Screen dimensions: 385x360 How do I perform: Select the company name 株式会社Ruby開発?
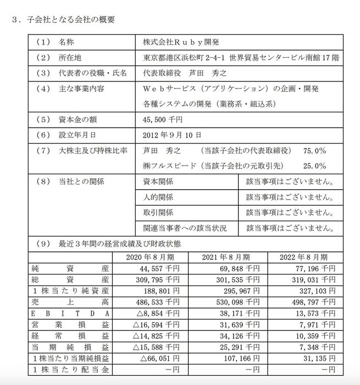[178, 42]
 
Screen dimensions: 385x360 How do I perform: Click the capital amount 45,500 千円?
[162, 118]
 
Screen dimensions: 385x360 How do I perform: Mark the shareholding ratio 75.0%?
[315, 150]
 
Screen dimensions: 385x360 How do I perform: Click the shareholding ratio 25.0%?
[315, 164]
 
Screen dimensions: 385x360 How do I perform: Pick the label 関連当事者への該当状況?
[183, 226]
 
